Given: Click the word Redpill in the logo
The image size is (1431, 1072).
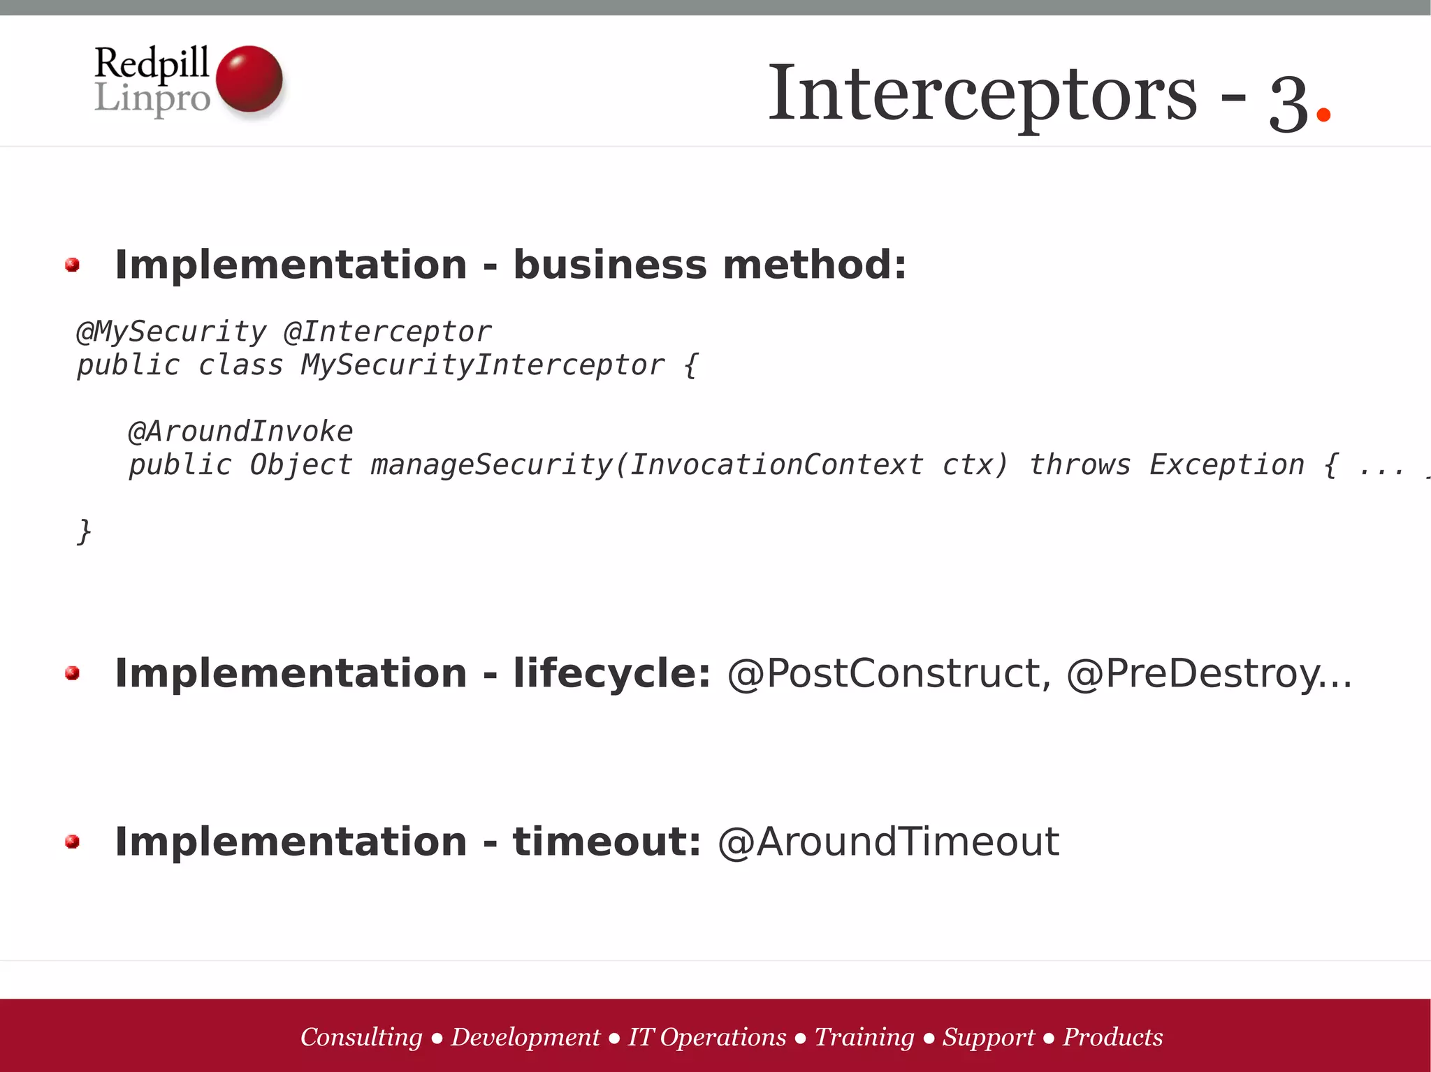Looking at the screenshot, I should pyautogui.click(x=152, y=63).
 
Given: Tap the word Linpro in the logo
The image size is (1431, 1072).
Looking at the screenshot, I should pyautogui.click(x=152, y=98).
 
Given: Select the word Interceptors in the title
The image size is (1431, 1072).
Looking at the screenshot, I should pyautogui.click(x=982, y=94).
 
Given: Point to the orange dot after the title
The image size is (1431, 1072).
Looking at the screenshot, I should pyautogui.click(x=1323, y=113).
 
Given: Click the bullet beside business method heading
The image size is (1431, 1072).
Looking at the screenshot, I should pyautogui.click(x=72, y=265).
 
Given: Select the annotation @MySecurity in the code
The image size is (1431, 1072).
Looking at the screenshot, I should pyautogui.click(x=171, y=332).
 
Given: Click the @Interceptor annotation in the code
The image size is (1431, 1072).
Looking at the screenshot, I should pyautogui.click(x=388, y=332).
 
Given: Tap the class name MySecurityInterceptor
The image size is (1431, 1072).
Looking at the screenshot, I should pyautogui.click(x=482, y=365).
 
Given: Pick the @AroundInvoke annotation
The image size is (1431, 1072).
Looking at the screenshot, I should pyautogui.click(x=240, y=432).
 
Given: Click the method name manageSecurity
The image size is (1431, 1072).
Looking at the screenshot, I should pyautogui.click(x=491, y=465).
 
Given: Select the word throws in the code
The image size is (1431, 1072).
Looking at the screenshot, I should pyautogui.click(x=1080, y=465).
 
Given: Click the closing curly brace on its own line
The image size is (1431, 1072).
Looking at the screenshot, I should pyautogui.click(x=84, y=531).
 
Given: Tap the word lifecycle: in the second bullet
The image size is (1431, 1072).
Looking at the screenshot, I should pyautogui.click(x=611, y=673).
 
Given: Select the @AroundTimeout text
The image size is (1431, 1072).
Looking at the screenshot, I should pyautogui.click(x=889, y=842).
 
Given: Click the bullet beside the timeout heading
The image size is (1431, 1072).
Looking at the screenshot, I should pyautogui.click(x=72, y=842).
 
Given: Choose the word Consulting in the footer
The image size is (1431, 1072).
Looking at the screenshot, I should pyautogui.click(x=361, y=1037).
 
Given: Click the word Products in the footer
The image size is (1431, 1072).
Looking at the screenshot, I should pyautogui.click(x=1112, y=1037).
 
